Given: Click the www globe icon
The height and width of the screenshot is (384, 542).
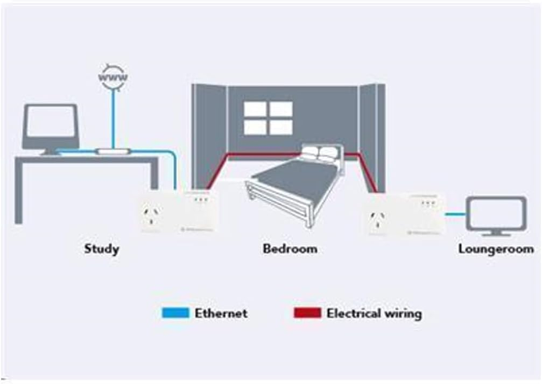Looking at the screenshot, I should tap(113, 75).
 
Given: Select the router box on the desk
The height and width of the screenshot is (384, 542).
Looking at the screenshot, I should tap(113, 151).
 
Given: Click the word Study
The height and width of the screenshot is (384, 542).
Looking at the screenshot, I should tap(101, 249).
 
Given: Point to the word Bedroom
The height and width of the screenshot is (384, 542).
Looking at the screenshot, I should tap(290, 249).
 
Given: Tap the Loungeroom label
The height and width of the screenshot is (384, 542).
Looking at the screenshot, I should tap(495, 249).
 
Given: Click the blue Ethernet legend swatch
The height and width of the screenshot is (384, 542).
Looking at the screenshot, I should tap(177, 313).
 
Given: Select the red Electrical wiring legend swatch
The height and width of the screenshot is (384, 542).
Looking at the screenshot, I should tap(306, 313).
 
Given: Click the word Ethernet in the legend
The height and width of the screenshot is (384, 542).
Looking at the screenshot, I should tap(221, 313).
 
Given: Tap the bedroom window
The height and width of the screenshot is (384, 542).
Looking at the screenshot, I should tap(268, 118).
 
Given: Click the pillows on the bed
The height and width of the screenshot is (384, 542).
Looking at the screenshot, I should tap(320, 153).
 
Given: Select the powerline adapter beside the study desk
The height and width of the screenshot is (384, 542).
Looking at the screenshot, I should tap(177, 211).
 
